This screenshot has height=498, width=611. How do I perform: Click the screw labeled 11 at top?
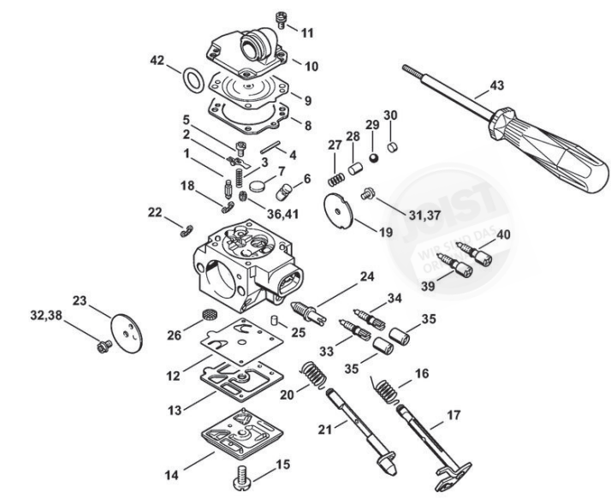(280, 18)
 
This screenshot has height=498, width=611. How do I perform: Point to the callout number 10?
(311, 65)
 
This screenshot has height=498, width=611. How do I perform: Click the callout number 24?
(366, 276)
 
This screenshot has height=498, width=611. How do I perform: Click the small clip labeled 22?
(187, 227)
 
